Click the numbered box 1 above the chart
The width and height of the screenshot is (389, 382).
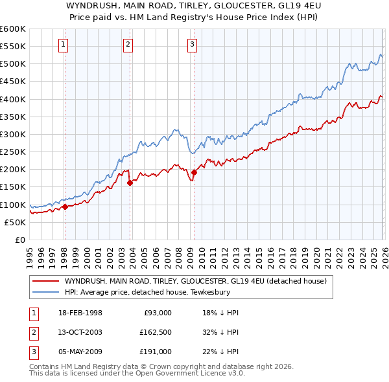click(64, 45)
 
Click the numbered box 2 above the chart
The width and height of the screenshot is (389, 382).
click(128, 45)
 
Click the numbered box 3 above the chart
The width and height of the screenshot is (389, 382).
click(193, 45)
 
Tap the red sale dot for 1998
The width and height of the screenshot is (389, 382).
click(65, 207)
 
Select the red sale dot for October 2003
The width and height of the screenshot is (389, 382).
click(130, 183)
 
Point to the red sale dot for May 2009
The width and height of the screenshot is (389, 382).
click(194, 172)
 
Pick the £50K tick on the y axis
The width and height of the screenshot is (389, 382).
click(15, 222)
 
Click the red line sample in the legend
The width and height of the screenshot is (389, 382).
click(46, 281)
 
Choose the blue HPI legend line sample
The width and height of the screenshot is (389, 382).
click(46, 292)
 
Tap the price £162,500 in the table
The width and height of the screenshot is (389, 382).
click(155, 332)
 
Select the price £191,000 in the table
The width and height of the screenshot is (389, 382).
click(155, 352)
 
